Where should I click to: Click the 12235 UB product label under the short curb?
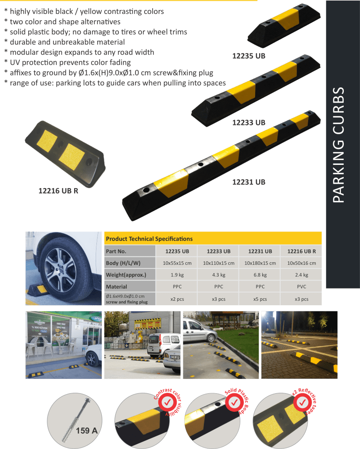(249, 56)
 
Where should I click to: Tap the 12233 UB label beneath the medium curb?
(249, 123)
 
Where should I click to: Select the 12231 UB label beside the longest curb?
(249, 182)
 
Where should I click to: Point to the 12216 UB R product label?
(58, 191)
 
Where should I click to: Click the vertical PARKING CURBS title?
(339, 145)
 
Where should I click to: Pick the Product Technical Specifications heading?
(149, 239)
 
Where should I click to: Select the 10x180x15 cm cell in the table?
(260, 263)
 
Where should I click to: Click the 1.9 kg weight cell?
(177, 275)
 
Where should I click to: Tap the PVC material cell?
(302, 287)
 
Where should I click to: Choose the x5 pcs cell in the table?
(260, 299)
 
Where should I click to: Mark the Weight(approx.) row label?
(126, 275)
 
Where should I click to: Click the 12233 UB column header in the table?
(218, 251)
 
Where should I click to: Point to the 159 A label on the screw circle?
(87, 431)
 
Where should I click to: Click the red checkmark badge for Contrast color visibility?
(167, 403)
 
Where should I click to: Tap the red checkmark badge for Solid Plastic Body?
(234, 403)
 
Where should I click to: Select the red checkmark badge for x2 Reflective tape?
(302, 403)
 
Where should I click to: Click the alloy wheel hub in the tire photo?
(61, 270)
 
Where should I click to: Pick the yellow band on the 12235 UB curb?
(285, 19)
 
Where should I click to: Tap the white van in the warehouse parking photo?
(159, 346)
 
